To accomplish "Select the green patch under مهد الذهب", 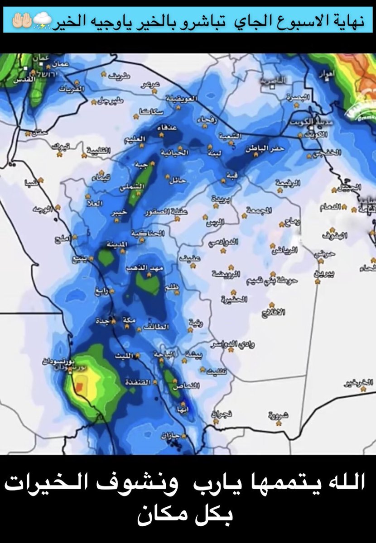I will click(x=148, y=284).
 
